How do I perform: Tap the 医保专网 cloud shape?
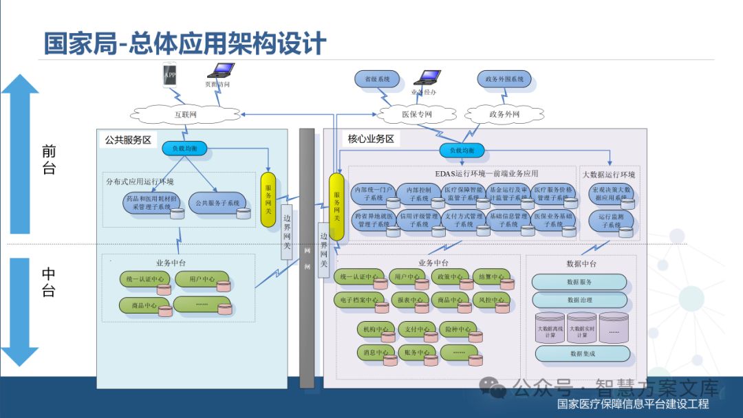(417, 114)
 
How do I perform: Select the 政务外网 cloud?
(504, 114)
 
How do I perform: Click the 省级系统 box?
(377, 79)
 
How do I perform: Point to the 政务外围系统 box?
(505, 79)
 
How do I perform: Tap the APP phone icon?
(169, 75)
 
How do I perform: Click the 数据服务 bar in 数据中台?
(579, 282)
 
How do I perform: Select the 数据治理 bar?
(579, 300)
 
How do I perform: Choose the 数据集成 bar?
(582, 353)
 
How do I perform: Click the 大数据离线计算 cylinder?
(550, 329)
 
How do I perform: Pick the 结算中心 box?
(491, 277)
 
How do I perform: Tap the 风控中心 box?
(491, 300)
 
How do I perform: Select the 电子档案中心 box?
(358, 300)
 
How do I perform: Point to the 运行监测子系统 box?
(610, 221)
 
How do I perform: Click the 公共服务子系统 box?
(217, 203)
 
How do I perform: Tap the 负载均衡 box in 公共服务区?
(184, 148)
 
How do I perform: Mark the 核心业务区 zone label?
(371, 139)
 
